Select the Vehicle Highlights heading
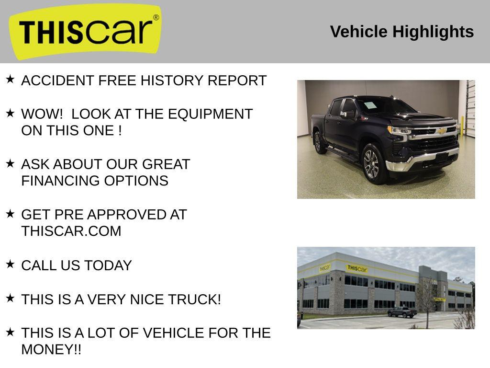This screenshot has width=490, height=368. (402, 32)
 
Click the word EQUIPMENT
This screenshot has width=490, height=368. (211, 114)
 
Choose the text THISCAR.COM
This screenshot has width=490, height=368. (71, 231)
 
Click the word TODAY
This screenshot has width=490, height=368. (108, 265)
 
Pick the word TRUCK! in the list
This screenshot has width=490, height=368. (194, 299)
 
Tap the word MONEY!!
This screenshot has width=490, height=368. (51, 349)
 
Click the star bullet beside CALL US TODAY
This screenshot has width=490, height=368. (11, 264)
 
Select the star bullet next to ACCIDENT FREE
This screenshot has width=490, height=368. (11, 79)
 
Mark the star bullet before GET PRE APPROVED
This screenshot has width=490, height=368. (11, 214)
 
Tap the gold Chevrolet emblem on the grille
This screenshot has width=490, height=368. (442, 131)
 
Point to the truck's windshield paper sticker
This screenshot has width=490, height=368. (370, 105)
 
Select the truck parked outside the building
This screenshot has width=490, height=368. (402, 312)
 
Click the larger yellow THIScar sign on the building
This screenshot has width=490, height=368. (357, 268)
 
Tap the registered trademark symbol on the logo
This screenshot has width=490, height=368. (156, 18)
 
